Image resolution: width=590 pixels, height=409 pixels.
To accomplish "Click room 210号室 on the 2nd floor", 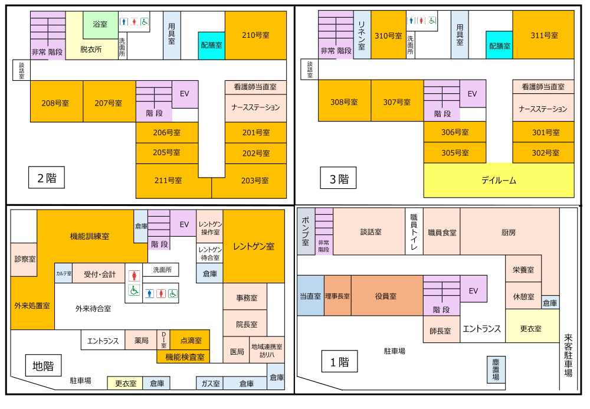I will pyautogui.click(x=255, y=35).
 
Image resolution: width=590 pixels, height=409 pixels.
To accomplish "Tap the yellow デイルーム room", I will pyautogui.click(x=499, y=181).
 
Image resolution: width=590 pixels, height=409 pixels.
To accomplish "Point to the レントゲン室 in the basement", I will pyautogui.click(x=254, y=247).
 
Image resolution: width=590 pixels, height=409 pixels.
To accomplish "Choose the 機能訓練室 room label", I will pyautogui.click(x=90, y=236).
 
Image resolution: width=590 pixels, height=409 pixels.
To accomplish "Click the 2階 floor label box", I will pyautogui.click(x=47, y=178).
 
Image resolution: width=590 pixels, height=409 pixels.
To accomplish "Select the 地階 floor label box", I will pyautogui.click(x=43, y=367).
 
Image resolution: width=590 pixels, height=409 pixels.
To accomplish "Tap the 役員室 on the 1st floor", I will pyautogui.click(x=386, y=296).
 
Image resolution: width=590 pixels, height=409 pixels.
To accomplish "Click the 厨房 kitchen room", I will pyautogui.click(x=509, y=233).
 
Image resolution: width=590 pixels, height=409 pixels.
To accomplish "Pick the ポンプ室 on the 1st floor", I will pyautogui.click(x=306, y=231).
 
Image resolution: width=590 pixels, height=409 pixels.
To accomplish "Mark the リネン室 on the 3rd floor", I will pyautogui.click(x=362, y=35).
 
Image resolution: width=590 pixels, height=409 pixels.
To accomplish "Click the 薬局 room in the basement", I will pyautogui.click(x=141, y=341).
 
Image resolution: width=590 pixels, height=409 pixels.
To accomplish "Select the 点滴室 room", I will pyautogui.click(x=190, y=341).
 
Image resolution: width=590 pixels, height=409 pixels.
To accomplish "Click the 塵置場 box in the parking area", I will pyautogui.click(x=496, y=369).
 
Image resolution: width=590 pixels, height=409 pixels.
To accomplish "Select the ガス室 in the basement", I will pyautogui.click(x=209, y=384).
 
